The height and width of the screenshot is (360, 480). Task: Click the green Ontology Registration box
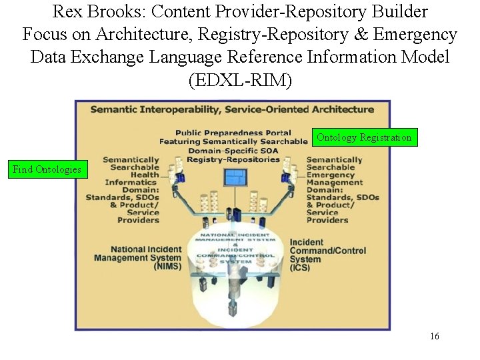365,137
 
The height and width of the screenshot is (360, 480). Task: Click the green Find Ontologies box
47,169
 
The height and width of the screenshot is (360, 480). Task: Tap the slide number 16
435,336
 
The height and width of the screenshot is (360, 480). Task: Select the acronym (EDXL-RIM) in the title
240,80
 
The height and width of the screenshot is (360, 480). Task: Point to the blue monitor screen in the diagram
235,177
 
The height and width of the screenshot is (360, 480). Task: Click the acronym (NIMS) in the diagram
167,266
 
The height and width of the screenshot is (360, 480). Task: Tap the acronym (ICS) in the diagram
299,267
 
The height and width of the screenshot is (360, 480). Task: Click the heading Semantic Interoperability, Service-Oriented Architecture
232,109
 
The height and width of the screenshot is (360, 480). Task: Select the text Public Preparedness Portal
233,133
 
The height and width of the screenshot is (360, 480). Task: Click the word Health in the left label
145,175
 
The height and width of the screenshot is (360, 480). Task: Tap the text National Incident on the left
137,249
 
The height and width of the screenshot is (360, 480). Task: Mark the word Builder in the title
401,11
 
